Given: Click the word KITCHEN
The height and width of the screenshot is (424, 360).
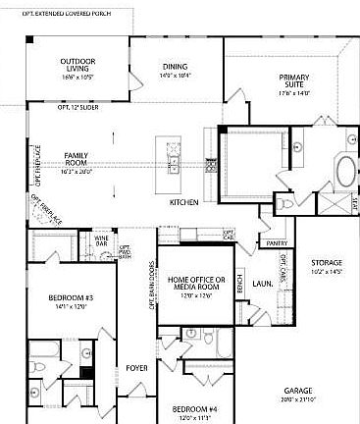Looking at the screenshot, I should [183, 202].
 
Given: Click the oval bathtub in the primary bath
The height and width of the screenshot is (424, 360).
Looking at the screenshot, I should [346, 172].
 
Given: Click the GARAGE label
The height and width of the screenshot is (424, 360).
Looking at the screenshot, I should [298, 393].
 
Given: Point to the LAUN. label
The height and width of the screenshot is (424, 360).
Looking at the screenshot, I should [261, 283].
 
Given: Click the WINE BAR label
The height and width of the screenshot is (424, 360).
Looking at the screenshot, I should [101, 239].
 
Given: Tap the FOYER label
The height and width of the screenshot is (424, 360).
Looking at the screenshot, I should [135, 369].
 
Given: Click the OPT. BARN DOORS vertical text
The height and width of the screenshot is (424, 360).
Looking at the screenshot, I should [152, 285].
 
